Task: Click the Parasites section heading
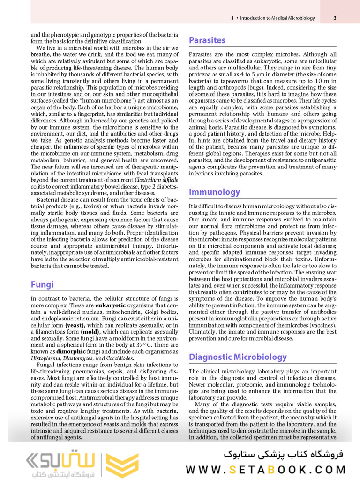coord(207,41)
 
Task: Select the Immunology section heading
coord(214,192)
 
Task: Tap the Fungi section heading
coord(42,284)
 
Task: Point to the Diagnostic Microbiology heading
coord(238,357)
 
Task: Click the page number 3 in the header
coord(335,18)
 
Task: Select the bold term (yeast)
coord(75,325)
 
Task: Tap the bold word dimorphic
coord(73,351)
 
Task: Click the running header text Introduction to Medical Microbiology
coord(277,18)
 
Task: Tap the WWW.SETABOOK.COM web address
coord(266,469)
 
